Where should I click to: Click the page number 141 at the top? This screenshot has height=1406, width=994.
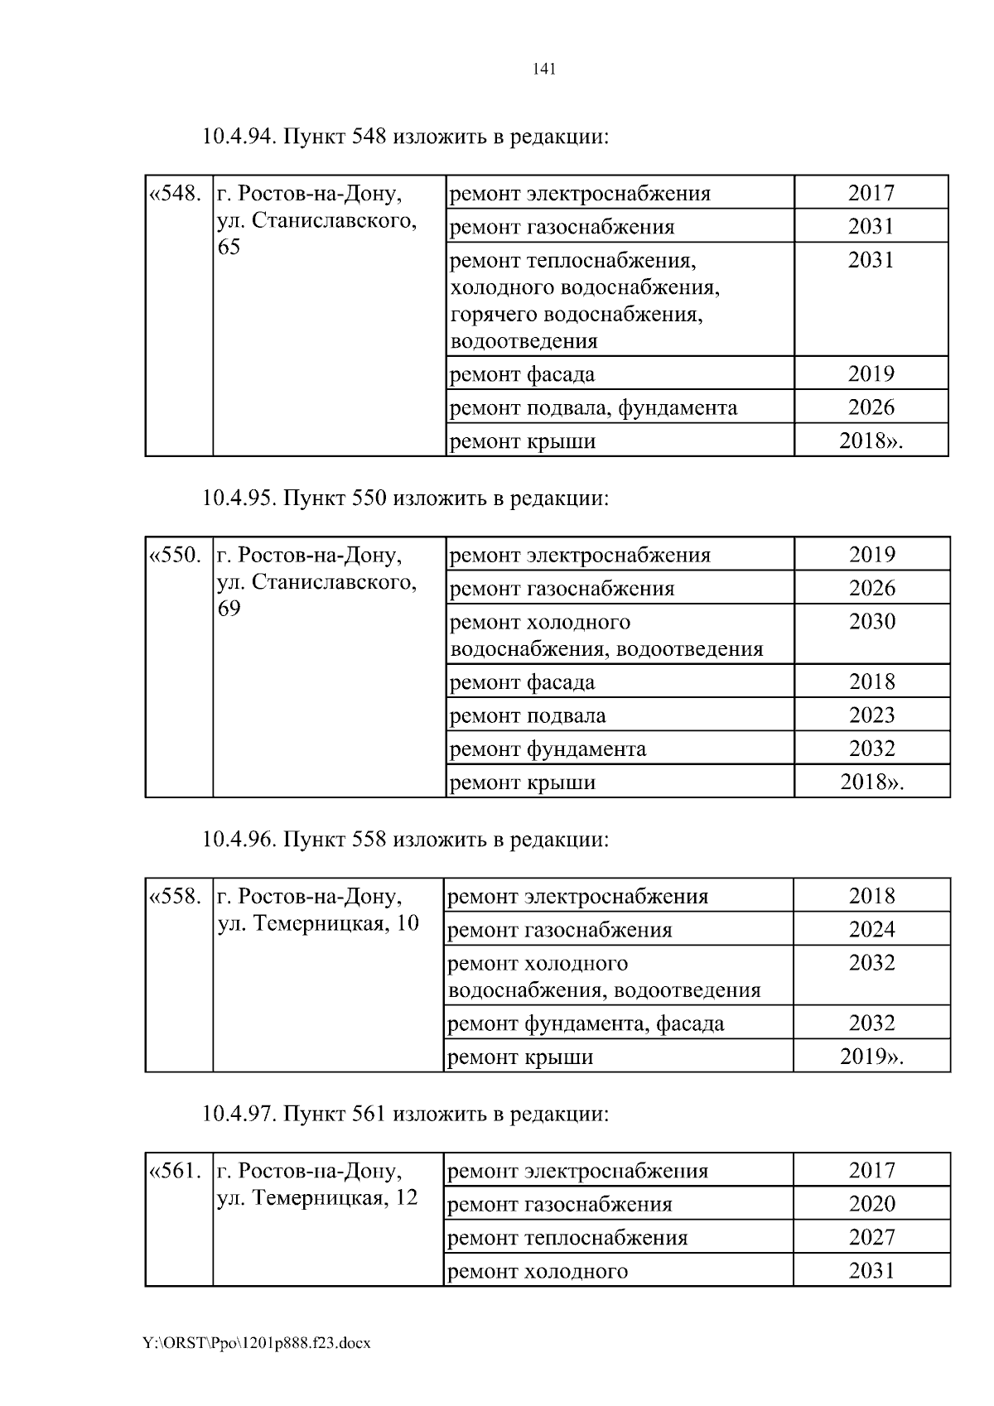[543, 70]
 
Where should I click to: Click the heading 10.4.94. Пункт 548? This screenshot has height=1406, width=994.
[405, 137]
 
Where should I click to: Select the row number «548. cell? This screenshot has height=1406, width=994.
[176, 195]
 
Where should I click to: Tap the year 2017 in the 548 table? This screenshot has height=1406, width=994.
[871, 194]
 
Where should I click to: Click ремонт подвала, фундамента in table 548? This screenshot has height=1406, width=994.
[592, 407]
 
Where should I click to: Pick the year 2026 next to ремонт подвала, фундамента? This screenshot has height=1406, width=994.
[871, 407]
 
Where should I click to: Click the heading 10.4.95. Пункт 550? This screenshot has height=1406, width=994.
[405, 498]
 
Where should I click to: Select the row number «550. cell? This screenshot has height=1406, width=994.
[176, 556]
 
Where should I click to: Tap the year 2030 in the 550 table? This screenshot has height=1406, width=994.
[871, 622]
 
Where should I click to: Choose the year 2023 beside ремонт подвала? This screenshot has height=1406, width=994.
[871, 715]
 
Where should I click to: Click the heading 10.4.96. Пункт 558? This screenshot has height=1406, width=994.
[405, 840]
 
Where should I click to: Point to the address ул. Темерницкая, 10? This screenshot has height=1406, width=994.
[318, 923]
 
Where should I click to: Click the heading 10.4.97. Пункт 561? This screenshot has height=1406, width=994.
[405, 1115]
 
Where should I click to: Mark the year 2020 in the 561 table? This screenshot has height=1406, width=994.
[871, 1205]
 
